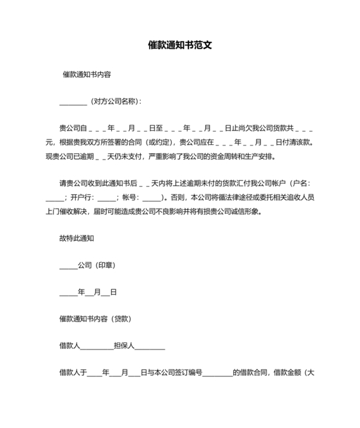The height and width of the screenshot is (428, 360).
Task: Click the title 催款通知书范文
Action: point(180,46)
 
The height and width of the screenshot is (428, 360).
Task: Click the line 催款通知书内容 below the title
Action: point(87,75)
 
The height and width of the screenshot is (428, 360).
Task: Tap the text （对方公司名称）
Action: point(114,101)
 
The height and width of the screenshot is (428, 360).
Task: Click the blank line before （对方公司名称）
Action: point(73,102)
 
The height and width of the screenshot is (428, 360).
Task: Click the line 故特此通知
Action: point(77,238)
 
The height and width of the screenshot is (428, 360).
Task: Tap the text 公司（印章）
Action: point(96,265)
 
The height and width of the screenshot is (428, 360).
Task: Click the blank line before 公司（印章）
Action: point(68,266)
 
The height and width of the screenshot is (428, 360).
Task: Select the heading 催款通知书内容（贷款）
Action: point(96,319)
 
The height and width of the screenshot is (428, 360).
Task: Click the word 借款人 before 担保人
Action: point(69,346)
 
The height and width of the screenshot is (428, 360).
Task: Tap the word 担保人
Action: point(123,346)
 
